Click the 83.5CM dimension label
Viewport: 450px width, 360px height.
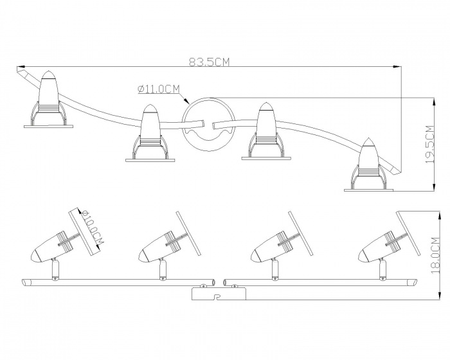[x=210, y=62]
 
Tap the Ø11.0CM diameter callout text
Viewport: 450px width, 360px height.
[x=159, y=89]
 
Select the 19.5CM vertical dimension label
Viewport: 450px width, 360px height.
[x=430, y=145]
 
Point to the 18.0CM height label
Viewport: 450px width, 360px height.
[x=435, y=255]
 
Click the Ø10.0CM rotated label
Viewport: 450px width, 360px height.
[x=92, y=230]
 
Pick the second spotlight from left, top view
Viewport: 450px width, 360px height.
[x=150, y=132]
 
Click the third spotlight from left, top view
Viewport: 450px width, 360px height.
[x=266, y=131]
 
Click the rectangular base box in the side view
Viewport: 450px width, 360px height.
[x=219, y=294]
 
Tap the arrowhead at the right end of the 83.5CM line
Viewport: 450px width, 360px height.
[x=397, y=67]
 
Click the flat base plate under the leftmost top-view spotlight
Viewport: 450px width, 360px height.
[x=48, y=126]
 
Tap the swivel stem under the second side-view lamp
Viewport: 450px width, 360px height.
[x=163, y=269]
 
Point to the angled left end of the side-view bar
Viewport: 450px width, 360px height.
[x=25, y=282]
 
